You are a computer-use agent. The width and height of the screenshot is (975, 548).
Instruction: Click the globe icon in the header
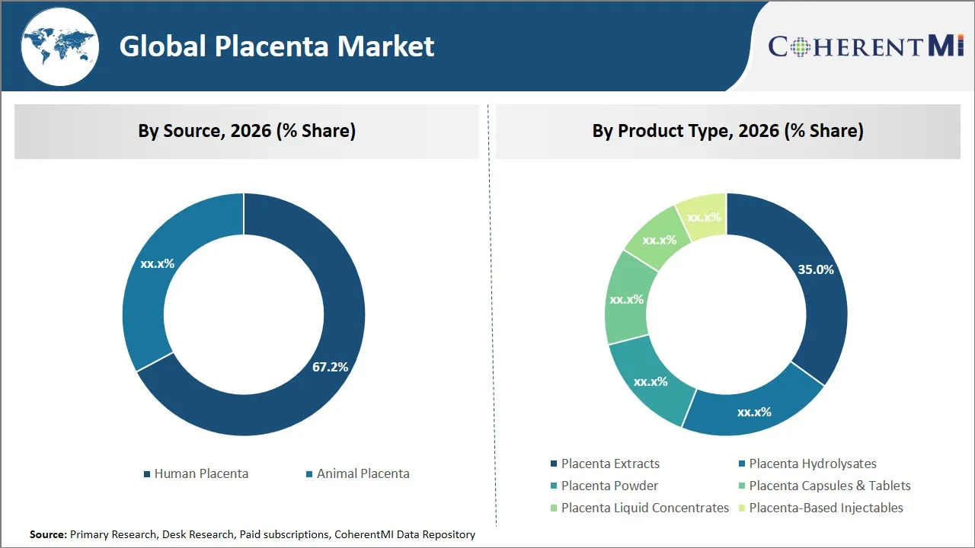59,47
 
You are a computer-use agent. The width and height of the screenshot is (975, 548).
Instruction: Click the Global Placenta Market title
277,46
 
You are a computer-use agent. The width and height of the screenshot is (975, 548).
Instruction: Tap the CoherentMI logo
865,46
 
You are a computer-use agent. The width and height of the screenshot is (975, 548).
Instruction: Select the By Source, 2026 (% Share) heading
247,131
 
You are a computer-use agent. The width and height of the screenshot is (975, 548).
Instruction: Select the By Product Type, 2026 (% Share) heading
727,131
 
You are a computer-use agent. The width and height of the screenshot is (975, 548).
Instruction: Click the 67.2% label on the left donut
330,367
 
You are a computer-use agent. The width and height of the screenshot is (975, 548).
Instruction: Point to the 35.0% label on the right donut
815,269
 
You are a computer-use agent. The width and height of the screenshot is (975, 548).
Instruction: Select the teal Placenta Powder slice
650,381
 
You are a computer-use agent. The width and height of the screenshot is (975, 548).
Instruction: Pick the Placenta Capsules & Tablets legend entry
830,486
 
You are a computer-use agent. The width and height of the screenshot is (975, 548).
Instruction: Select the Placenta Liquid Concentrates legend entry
644,508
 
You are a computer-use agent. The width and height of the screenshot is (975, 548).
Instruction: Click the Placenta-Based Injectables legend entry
826,508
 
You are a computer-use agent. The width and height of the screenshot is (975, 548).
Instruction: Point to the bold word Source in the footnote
47,534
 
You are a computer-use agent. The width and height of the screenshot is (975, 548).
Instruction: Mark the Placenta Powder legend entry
609,486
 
